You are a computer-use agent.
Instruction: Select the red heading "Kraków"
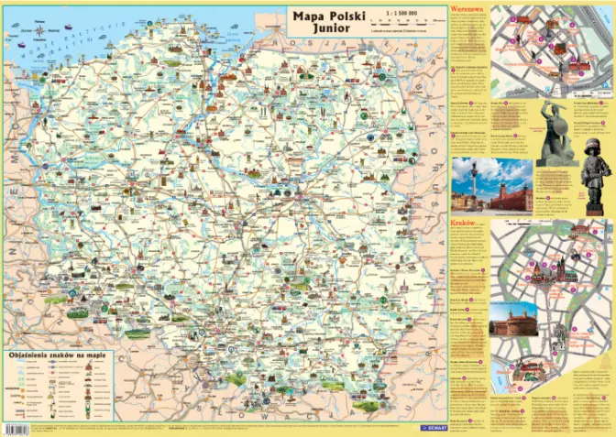pyautogui.click(x=463, y=223)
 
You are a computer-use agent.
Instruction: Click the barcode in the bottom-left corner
pyautogui.click(x=13, y=429)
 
